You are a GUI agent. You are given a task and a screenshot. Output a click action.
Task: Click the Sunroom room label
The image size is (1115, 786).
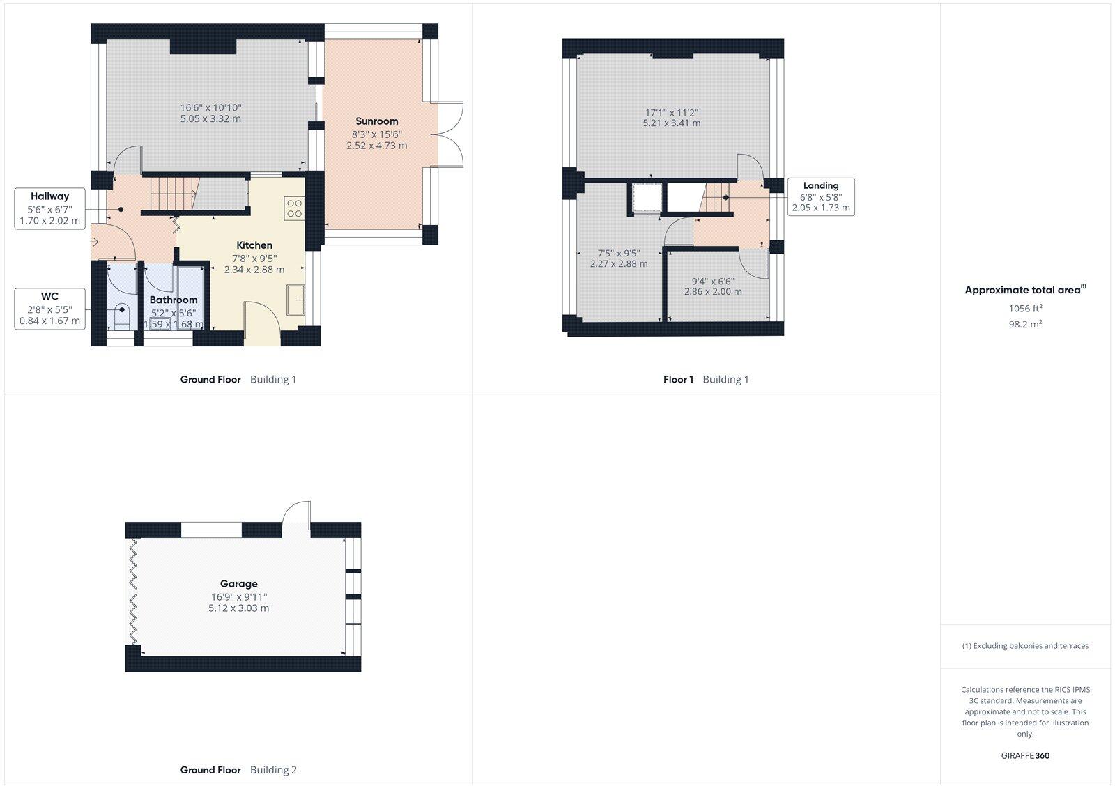(376, 121)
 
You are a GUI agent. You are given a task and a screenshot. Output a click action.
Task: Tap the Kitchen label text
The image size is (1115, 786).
(254, 245)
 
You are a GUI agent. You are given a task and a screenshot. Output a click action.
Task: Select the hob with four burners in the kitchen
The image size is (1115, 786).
(294, 208)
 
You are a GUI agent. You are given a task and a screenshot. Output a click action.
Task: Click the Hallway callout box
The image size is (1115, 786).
(49, 208)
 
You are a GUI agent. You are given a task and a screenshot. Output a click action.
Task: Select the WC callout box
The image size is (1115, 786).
(49, 309)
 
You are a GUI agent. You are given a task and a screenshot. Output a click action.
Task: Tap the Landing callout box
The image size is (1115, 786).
(820, 196)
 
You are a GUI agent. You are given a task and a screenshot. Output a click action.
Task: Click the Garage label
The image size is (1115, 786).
(238, 584)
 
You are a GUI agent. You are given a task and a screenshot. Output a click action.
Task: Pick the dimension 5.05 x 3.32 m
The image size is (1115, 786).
(210, 119)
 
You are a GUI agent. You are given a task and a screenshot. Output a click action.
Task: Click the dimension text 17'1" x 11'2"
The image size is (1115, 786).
(671, 112)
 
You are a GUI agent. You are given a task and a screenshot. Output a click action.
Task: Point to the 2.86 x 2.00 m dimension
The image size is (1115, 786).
(712, 292)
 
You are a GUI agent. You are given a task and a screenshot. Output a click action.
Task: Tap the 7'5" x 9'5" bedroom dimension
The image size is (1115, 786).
(618, 254)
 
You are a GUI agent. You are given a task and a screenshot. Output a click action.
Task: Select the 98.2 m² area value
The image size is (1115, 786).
(1025, 324)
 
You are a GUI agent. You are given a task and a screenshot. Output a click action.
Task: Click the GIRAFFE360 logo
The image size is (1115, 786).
(1025, 755)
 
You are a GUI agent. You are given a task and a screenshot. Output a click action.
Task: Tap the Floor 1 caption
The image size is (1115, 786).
(678, 380)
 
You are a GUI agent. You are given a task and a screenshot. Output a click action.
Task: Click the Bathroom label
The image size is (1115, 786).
(174, 300)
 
